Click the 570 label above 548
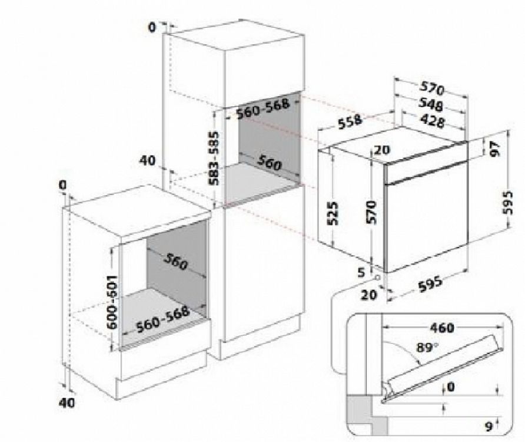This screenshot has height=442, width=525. click(431, 90)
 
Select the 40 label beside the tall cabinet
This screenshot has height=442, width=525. click(148, 160)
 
